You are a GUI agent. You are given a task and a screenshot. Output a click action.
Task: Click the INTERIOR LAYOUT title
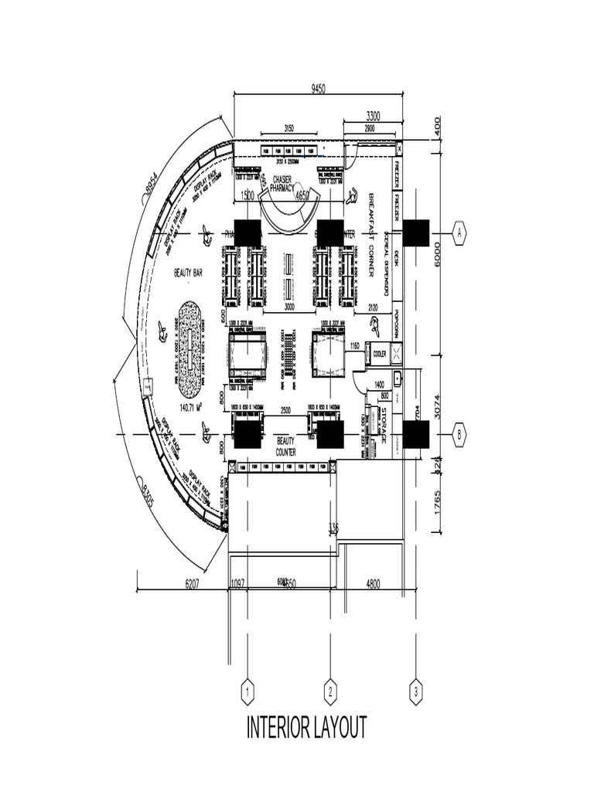(307, 728)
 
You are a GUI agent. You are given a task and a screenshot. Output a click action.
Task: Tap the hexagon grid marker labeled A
(459, 232)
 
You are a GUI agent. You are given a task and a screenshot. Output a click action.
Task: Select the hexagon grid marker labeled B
(459, 435)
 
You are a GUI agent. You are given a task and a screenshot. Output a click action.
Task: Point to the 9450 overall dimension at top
(318, 90)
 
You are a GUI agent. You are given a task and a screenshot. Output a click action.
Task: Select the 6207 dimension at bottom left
(192, 585)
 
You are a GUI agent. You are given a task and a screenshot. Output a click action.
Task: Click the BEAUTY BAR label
(188, 273)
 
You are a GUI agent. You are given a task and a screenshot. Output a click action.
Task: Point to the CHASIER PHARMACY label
(287, 182)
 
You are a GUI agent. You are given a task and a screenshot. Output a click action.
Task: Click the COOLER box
(379, 354)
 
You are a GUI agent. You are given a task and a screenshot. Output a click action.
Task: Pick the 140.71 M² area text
(194, 407)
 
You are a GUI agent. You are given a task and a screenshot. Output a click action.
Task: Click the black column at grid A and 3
(415, 233)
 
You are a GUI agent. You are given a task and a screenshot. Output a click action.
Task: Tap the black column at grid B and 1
(247, 435)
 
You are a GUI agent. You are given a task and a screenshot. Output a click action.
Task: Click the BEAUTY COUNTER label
(286, 445)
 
